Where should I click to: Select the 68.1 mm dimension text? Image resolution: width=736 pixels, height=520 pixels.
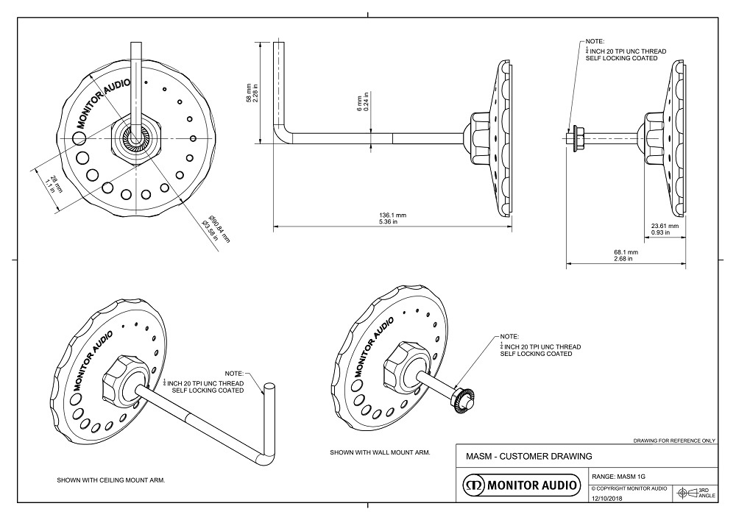pyautogui.click(x=627, y=252)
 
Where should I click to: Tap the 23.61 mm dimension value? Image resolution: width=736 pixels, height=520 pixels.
pyautogui.click(x=665, y=226)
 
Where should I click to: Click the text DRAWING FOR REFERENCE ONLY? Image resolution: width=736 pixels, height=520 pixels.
pyautogui.click(x=674, y=441)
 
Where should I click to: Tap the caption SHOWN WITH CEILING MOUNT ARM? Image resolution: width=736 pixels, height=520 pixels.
pyautogui.click(x=111, y=480)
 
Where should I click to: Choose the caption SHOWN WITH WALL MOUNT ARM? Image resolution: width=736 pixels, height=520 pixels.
pyautogui.click(x=380, y=452)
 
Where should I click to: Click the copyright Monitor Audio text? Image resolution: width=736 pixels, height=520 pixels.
pyautogui.click(x=629, y=488)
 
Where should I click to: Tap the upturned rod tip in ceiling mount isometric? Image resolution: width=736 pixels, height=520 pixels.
pyautogui.click(x=269, y=387)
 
